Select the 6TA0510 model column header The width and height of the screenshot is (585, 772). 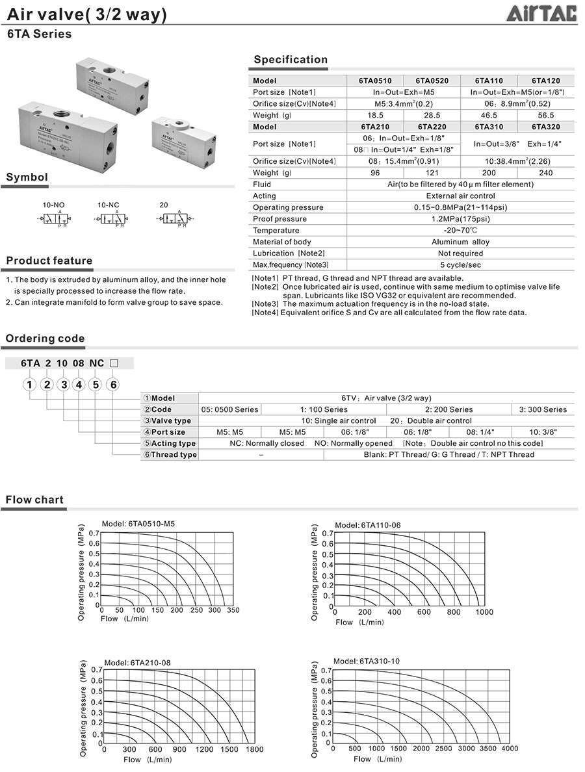[x=375, y=81]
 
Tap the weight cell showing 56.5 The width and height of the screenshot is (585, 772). [x=546, y=115]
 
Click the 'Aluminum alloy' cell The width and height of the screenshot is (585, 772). [x=460, y=242]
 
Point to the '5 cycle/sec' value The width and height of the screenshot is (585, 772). [x=460, y=264]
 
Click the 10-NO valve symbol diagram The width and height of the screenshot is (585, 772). [x=53, y=219]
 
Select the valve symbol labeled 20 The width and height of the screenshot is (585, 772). [x=172, y=219]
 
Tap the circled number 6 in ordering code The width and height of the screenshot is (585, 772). [x=112, y=385]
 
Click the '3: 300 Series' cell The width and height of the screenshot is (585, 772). [x=543, y=409]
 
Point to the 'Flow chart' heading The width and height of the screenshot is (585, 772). [x=35, y=500]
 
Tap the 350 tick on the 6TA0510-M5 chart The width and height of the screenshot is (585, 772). [x=233, y=610]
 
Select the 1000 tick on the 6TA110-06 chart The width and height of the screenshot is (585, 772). [x=484, y=611]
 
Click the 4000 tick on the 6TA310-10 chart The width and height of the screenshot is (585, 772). [x=509, y=748]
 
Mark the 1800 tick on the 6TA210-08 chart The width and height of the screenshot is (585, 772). [x=254, y=749]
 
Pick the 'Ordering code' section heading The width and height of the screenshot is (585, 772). [x=45, y=338]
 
